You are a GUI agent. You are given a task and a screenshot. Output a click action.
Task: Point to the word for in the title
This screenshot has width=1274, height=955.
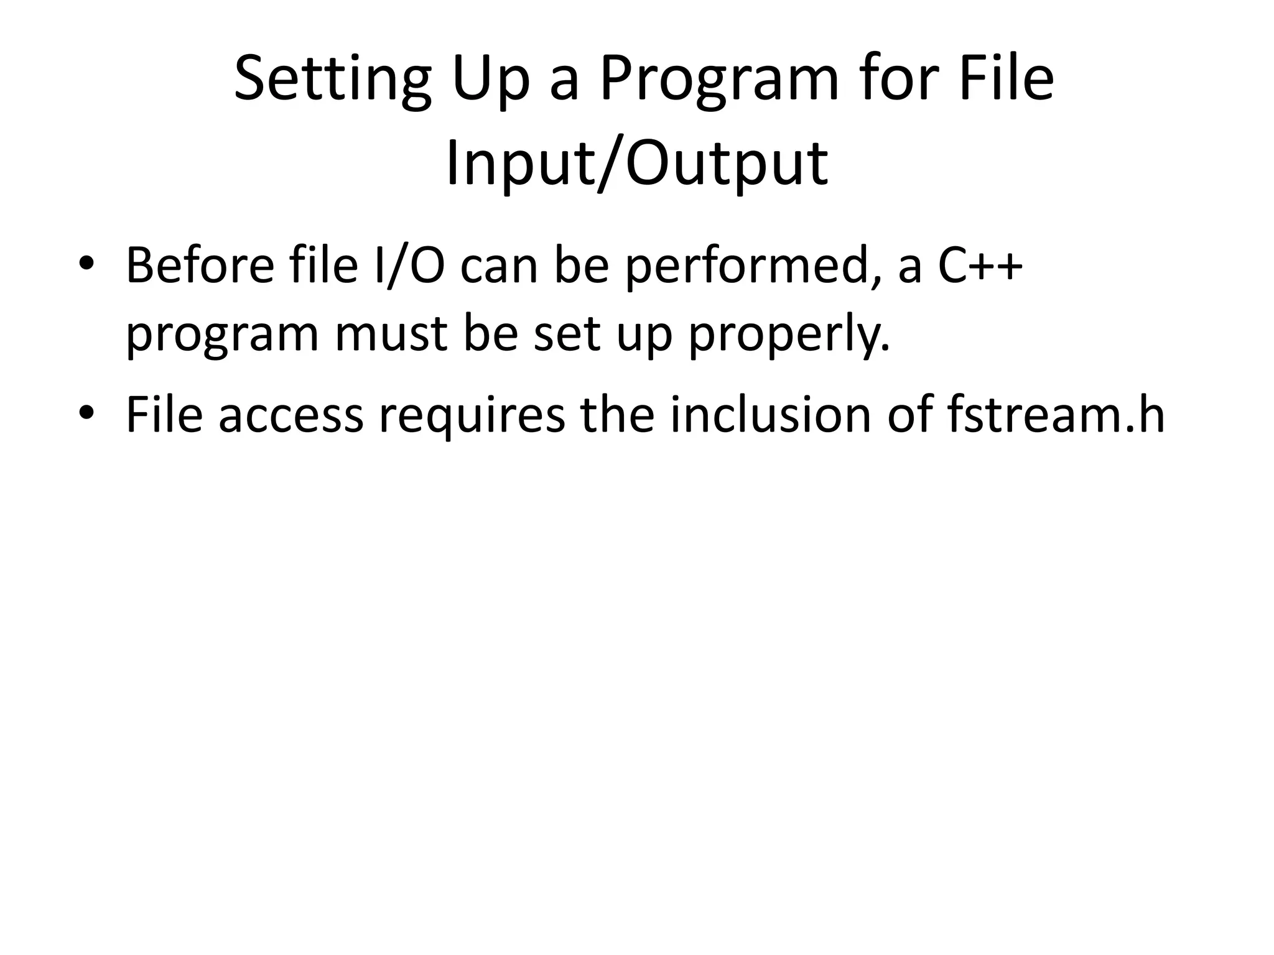point(897,79)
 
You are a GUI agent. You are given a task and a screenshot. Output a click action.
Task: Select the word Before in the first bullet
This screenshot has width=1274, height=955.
point(200,265)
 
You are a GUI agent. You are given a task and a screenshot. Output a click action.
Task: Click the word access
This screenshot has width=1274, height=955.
point(291,415)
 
